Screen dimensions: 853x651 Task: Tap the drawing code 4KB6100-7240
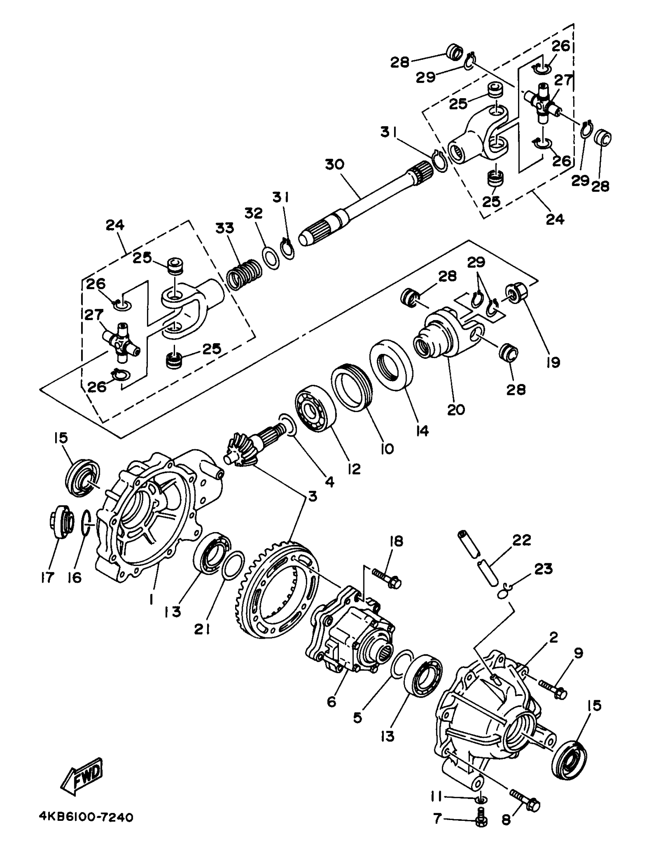click(86, 817)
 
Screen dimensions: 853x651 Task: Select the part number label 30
click(335, 164)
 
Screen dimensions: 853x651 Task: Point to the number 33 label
click(225, 228)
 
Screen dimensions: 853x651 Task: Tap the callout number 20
click(456, 409)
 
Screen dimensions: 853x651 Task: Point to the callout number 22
click(522, 539)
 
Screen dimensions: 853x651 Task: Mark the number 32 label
click(254, 214)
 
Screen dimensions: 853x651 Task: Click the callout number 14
click(422, 430)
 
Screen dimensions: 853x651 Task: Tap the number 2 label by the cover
click(553, 637)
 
